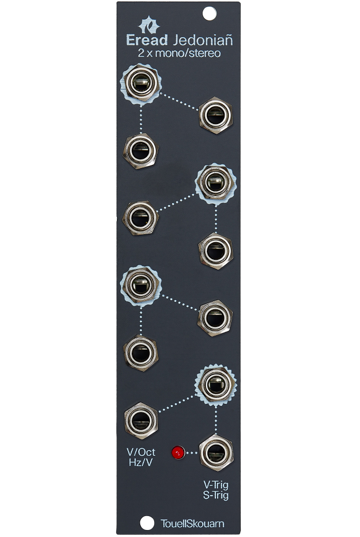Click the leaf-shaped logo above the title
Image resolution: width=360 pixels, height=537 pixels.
coord(149,25)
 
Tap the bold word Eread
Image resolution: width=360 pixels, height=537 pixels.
coord(147,40)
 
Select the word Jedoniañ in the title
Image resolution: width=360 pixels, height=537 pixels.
coord(203,40)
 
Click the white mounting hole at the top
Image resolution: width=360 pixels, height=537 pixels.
coord(210,14)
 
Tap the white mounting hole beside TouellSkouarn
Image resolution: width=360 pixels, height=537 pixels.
coord(147,523)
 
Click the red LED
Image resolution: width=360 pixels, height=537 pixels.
coord(178,452)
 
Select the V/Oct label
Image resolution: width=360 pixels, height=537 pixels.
coord(141,452)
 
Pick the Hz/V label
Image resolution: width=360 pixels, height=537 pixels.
coord(141,462)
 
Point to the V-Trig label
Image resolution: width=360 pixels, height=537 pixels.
coord(216,484)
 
